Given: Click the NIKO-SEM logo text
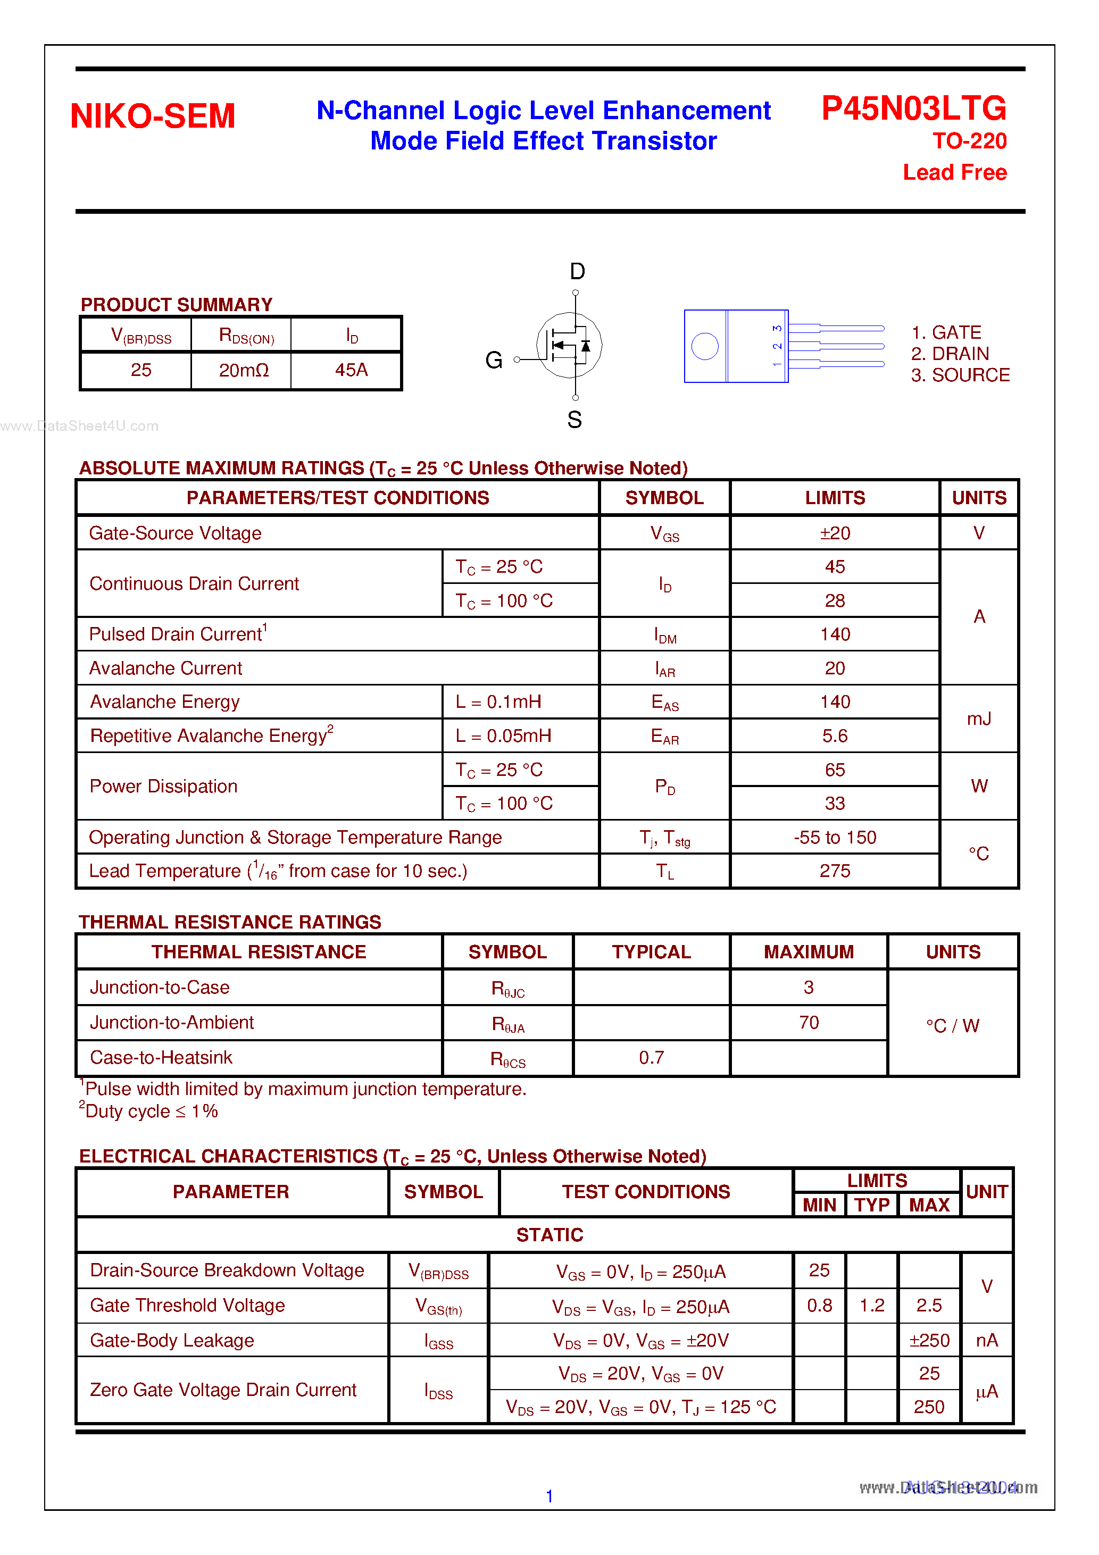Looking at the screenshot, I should pos(153,116).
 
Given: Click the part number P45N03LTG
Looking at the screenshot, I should pos(913,108).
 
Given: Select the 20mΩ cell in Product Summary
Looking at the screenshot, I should pos(243,370).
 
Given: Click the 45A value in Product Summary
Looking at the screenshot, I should pos(351,370).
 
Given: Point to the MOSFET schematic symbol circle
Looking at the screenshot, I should pos(569,345).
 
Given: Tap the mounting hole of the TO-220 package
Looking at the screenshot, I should pos(705,346).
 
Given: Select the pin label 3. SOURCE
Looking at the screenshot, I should pos(960,375).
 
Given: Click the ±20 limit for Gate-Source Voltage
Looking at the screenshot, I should pos(835,533).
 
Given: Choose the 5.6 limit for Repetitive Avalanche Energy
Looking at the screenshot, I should pos(835,735).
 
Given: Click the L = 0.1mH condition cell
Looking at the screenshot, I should pos(498,701).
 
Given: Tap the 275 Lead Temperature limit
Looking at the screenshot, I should pos(835,871).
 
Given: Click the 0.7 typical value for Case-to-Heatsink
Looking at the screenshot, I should pos(651,1057).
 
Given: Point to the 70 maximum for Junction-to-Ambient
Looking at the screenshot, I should pos(809,1022).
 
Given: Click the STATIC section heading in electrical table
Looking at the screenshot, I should pos(549,1235).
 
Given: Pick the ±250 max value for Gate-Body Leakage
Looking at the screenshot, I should pos(929,1340).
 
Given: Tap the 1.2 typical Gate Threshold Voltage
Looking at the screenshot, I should pos(872,1305).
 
